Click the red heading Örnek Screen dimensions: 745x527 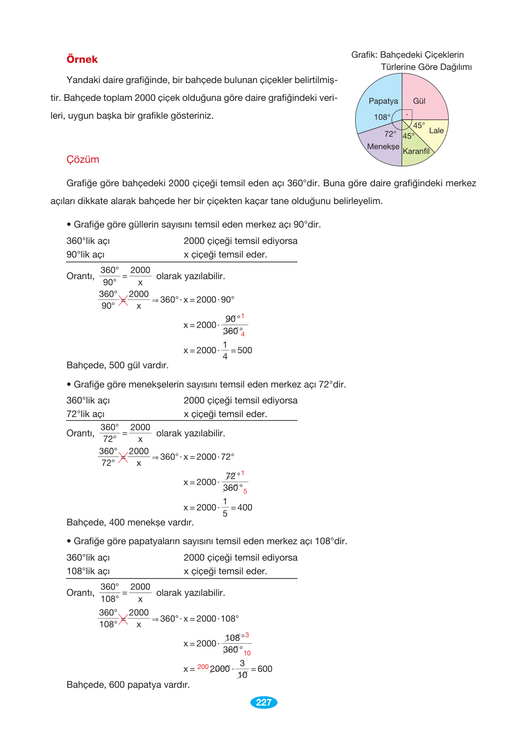[82, 60]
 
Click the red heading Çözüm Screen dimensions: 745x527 [83, 160]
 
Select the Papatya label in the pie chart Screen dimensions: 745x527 [383, 101]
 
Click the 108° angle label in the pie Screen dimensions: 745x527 [382, 117]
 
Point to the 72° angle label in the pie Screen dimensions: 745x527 [390, 134]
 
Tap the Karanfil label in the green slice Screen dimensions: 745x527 [416, 152]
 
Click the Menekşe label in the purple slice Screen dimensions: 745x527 [383, 147]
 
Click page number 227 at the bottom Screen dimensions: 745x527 [264, 702]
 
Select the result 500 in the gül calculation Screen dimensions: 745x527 [244, 350]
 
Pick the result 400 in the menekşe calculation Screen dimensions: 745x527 [244, 508]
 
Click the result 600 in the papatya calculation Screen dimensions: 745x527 [265, 669]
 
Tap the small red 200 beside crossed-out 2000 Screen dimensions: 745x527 [203, 667]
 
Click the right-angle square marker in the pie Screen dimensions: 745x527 [407, 114]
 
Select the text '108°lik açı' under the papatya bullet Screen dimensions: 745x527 [88, 571]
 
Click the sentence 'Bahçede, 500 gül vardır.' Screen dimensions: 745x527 [117, 365]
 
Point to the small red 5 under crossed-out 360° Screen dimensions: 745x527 [245, 491]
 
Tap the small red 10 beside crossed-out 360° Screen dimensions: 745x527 [247, 653]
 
